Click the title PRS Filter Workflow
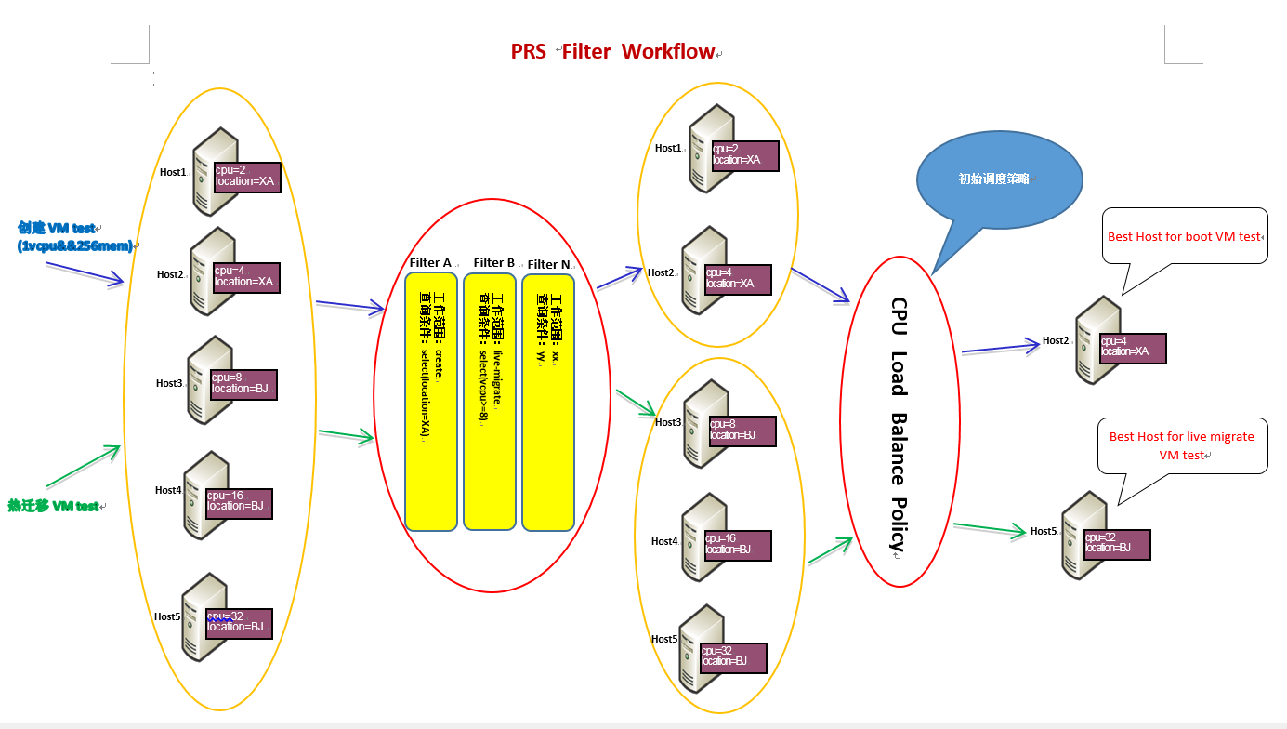[614, 51]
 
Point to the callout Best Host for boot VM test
[1184, 237]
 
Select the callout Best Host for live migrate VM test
[1182, 445]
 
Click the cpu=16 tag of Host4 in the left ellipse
[239, 500]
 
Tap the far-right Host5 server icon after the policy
[1083, 537]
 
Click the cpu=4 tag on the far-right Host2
[1131, 347]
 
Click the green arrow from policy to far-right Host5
[990, 529]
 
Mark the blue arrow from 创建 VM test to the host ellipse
[85, 272]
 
